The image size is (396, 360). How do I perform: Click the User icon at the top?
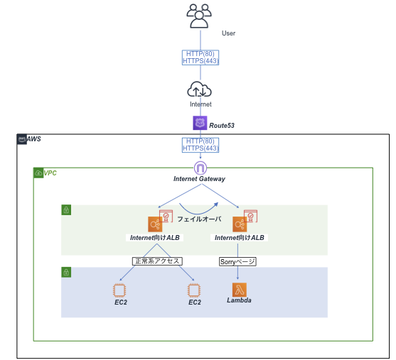[199, 16]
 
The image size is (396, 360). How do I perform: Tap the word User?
[228, 33]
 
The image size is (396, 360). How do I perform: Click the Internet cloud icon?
[200, 89]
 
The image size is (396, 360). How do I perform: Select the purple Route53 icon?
[200, 124]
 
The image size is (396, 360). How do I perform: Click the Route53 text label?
[222, 125]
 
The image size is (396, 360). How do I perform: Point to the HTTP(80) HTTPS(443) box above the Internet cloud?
[200, 58]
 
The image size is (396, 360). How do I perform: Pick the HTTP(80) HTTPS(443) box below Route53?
[200, 145]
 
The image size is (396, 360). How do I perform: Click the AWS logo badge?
[22, 139]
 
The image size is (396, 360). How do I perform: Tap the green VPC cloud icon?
[38, 173]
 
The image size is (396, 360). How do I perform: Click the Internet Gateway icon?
[200, 168]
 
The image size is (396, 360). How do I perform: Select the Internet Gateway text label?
[200, 179]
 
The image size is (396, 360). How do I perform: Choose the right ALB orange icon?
[240, 224]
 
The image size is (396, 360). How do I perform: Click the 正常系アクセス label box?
[157, 261]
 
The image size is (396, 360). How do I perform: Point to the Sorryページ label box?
[237, 261]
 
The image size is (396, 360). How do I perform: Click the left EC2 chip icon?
[119, 290]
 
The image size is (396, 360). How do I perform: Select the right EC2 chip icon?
[194, 290]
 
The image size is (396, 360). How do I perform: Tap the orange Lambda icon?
[239, 289]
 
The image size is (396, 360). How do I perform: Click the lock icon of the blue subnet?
[66, 272]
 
